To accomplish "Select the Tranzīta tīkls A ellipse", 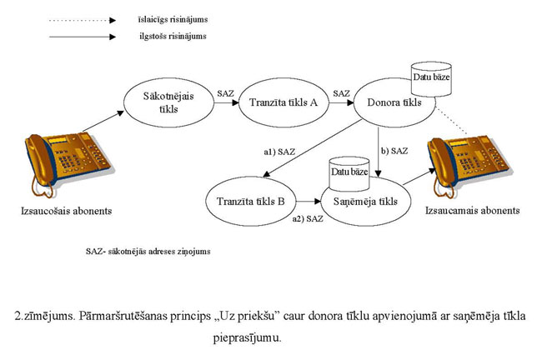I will coord(274,104).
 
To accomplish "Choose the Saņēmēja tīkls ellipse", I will coord(359,202).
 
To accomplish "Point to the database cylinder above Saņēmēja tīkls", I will coord(349,172).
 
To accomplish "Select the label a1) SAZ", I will coord(279,153).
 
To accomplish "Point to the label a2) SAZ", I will coord(307,219).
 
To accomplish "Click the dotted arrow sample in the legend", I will coord(80,17).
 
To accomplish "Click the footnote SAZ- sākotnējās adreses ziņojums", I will coord(148,250).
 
